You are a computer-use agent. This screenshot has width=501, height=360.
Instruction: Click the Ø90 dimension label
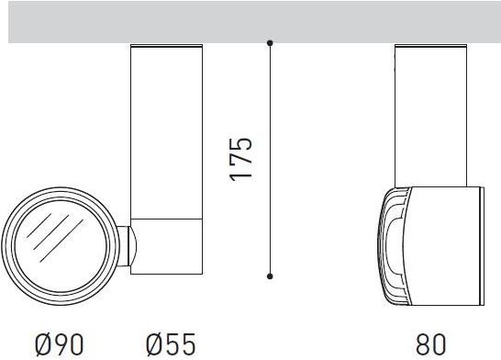(x=60, y=344)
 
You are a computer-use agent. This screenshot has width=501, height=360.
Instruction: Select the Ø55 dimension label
(x=171, y=344)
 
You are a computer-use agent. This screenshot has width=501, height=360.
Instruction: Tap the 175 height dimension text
(x=241, y=160)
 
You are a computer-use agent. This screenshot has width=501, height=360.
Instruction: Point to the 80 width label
(x=430, y=344)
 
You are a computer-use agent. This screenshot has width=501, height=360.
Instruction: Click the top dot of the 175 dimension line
(x=270, y=42)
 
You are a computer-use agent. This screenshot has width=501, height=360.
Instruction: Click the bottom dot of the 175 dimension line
(x=270, y=276)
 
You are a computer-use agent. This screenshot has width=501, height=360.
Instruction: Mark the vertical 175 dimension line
(x=270, y=159)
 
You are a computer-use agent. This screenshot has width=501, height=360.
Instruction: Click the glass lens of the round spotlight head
(x=61, y=246)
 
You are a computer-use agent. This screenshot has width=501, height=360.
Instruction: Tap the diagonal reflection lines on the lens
(x=54, y=237)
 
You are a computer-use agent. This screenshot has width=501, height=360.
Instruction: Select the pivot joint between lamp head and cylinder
(x=128, y=246)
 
